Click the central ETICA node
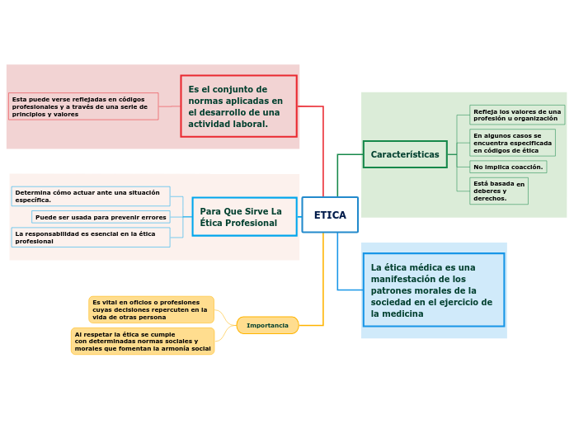tap(330, 215)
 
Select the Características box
tap(405, 154)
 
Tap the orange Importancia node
tap(267, 325)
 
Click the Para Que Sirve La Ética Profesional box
tap(244, 217)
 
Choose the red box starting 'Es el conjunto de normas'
tap(238, 106)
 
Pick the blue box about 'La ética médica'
tap(433, 290)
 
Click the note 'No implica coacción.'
tap(508, 167)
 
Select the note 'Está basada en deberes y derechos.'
tap(499, 191)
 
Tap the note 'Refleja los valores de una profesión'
tap(517, 115)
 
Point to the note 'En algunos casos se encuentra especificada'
tap(512, 143)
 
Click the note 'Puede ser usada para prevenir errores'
tap(101, 217)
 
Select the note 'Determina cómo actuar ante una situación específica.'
tap(91, 196)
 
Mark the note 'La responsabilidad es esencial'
tap(91, 238)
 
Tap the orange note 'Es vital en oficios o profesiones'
tap(151, 309)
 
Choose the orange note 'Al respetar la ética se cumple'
tap(143, 341)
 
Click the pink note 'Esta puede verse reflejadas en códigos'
tap(83, 106)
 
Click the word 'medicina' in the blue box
tap(405, 313)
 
